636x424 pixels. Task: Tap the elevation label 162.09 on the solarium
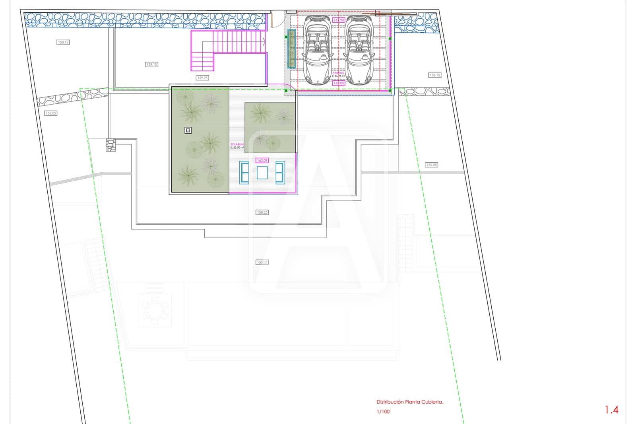tap(262, 161)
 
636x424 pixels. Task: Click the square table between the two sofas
tap(262, 173)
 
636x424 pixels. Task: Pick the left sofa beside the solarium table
tap(244, 173)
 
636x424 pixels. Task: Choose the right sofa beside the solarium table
tap(280, 173)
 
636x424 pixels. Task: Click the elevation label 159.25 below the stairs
tap(202, 78)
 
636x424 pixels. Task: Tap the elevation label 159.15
tap(151, 64)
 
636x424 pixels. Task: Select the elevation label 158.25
tap(262, 212)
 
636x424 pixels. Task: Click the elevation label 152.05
tap(262, 262)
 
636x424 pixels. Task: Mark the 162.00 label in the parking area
tap(339, 83)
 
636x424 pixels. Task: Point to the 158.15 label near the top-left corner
tap(63, 42)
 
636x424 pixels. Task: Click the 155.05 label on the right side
tap(431, 165)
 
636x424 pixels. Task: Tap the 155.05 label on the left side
tap(51, 113)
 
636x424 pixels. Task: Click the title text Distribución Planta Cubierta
tap(410, 402)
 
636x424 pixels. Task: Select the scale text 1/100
tap(383, 412)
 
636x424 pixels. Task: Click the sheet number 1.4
tap(611, 410)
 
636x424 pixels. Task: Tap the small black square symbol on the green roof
tap(188, 130)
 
